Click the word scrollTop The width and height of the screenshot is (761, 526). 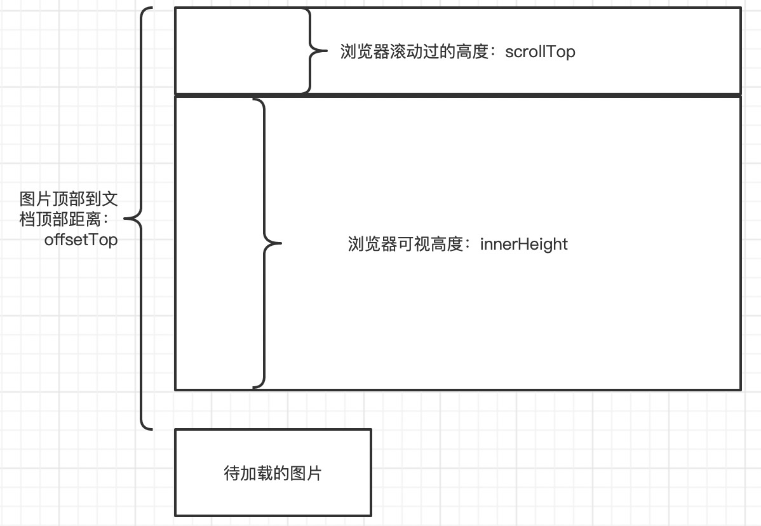pos(540,52)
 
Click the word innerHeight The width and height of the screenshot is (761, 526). pos(523,244)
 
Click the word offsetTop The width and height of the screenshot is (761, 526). pos(81,240)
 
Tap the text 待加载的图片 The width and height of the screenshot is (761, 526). pos(273,473)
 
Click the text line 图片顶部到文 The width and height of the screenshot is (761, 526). pos(69,198)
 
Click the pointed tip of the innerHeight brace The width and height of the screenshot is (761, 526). pos(280,243)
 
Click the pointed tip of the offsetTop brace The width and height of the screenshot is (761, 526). pos(125,218)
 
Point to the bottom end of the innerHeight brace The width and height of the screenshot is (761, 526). pos(253,386)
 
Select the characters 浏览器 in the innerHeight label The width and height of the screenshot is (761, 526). pos(368,244)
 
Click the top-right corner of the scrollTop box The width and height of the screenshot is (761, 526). pos(741,8)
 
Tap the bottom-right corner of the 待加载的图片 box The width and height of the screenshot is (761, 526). pos(370,515)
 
